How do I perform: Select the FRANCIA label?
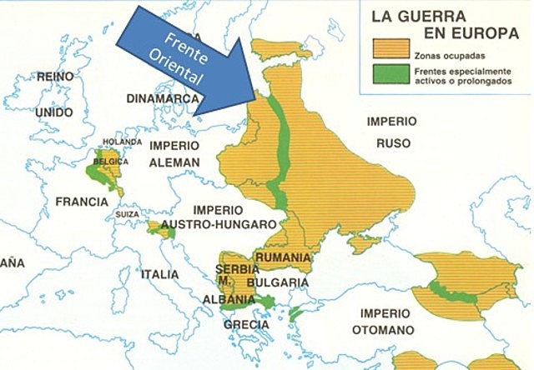point(81,202)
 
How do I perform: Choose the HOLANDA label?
point(117,142)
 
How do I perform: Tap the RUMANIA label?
point(283,257)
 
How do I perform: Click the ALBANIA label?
point(229,299)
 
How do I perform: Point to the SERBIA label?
point(231,269)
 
